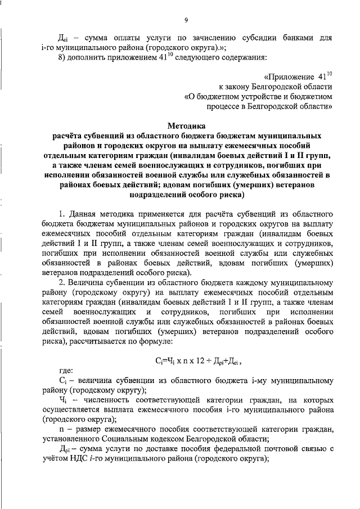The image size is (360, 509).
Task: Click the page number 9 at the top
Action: (x=185, y=21)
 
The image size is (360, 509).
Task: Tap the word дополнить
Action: (x=89, y=56)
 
